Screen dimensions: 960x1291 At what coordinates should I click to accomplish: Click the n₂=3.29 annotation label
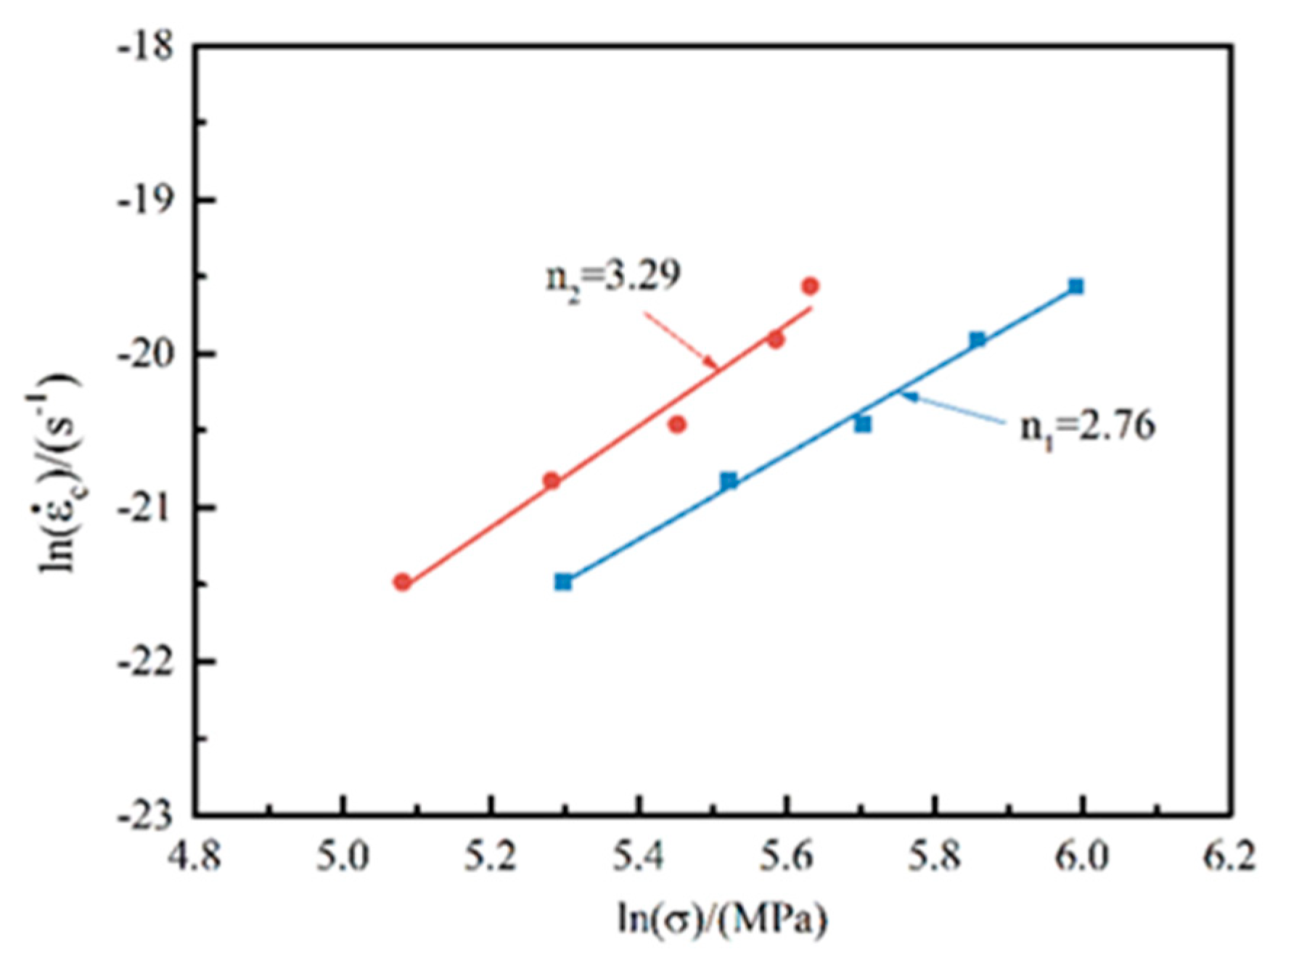click(613, 276)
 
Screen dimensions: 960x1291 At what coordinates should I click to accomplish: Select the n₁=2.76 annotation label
click(1087, 426)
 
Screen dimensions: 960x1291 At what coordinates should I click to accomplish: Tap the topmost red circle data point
click(810, 286)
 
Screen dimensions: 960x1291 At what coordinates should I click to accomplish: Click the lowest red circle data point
click(402, 582)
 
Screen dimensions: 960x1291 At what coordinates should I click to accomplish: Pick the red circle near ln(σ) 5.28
click(552, 480)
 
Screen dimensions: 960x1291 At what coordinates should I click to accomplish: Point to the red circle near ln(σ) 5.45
click(677, 424)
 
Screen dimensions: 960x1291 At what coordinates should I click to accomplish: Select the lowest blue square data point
click(563, 582)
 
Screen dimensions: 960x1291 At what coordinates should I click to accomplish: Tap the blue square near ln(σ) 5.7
click(862, 424)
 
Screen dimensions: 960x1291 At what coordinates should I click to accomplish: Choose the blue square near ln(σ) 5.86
click(978, 340)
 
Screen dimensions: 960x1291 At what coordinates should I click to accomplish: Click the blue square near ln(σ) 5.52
click(729, 480)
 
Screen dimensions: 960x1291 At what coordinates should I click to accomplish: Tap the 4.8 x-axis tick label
click(194, 857)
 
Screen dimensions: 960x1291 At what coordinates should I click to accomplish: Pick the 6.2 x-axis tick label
click(1229, 857)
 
